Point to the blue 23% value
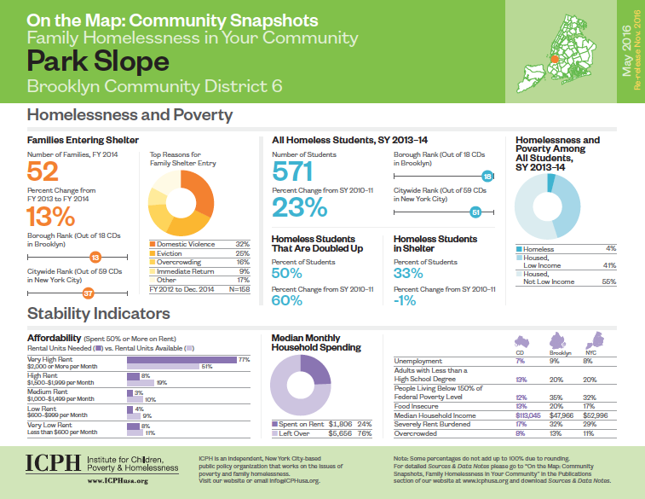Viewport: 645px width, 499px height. pyautogui.click(x=300, y=207)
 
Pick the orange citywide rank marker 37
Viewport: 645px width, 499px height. pyautogui.click(x=88, y=293)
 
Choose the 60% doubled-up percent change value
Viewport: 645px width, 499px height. pyautogui.click(x=287, y=300)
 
